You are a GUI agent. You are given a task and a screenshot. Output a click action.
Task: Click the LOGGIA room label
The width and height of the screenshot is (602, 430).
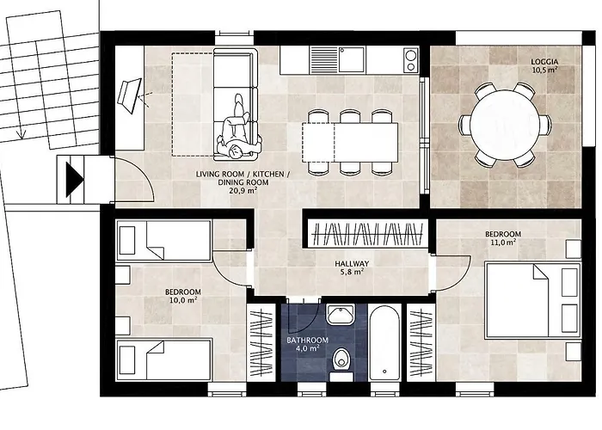point(544,61)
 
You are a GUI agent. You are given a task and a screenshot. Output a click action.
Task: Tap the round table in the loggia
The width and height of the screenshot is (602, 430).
point(505,124)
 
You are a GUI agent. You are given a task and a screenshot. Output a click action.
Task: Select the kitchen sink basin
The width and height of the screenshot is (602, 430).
point(351,59)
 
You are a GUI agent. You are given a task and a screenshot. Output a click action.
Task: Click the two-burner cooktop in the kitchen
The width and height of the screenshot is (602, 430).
point(411,60)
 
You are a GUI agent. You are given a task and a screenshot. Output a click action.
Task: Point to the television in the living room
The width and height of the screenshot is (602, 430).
point(130,95)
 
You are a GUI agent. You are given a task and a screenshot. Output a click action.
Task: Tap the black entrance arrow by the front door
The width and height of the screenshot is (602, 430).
point(75,180)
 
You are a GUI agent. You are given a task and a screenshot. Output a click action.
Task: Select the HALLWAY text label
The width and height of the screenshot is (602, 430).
point(352,264)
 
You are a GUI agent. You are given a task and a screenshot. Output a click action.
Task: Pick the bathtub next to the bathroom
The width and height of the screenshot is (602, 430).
point(384,343)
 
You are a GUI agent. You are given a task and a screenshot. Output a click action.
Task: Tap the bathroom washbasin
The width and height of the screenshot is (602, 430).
point(341,314)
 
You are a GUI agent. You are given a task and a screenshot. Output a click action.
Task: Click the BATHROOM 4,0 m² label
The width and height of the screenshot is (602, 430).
point(308,344)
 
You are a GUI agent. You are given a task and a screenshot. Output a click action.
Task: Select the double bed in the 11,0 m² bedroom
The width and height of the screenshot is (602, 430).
point(533,300)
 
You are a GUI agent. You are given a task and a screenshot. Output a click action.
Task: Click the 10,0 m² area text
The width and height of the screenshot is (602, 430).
point(183,300)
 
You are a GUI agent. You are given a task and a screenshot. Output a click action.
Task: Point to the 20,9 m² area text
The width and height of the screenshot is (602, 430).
point(243,190)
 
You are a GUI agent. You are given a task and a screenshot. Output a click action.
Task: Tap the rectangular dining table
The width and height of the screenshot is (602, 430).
point(350,142)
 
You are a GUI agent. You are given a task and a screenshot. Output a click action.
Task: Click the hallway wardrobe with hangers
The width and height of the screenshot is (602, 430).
point(369,234)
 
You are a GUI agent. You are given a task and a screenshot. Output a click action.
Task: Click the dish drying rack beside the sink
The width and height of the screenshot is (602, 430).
point(323,59)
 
